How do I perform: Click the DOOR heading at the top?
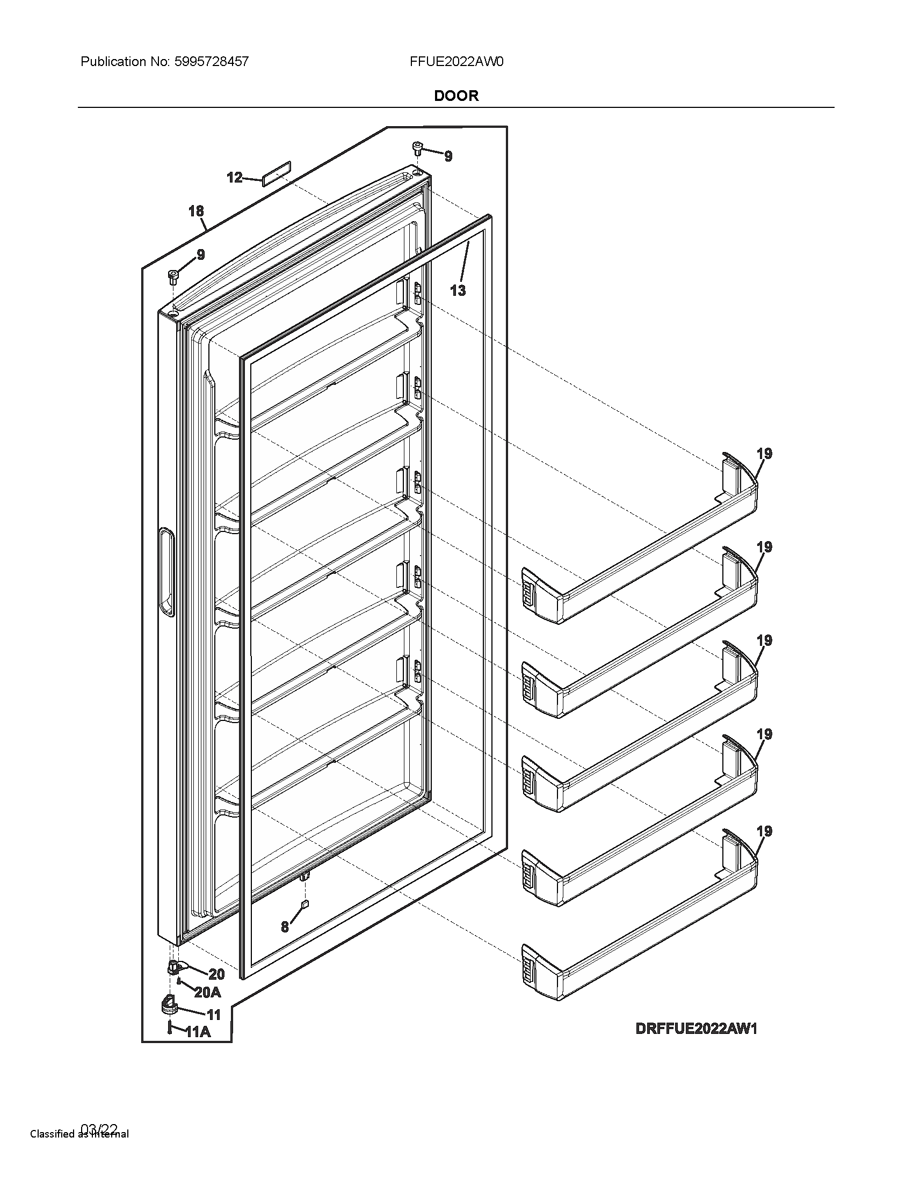[456, 96]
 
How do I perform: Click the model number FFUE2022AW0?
[457, 62]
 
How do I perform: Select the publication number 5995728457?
[212, 62]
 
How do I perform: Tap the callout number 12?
[234, 177]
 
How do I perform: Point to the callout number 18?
[196, 211]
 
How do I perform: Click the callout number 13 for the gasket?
[458, 290]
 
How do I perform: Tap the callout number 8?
[285, 927]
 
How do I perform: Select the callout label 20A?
[208, 992]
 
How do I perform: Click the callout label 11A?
[198, 1032]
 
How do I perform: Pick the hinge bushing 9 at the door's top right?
[417, 148]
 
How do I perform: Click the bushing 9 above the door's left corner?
[173, 277]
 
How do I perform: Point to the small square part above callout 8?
[305, 903]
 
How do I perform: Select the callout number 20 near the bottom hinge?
[216, 974]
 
